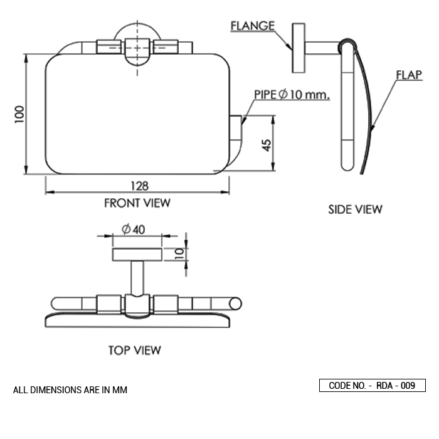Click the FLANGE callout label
[252, 26]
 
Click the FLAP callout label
[408, 75]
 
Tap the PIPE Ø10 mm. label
[292, 95]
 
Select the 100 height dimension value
[20, 114]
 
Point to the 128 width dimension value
[139, 186]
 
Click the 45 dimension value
[267, 145]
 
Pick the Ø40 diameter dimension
[134, 230]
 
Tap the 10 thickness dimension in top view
[179, 253]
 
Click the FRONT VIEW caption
[137, 203]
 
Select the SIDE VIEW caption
[355, 209]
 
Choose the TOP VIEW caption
[134, 350]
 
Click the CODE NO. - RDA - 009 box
[373, 386]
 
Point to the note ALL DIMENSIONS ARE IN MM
[70, 390]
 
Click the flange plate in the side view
[298, 47]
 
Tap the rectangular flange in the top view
[137, 254]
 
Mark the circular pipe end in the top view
[236, 304]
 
